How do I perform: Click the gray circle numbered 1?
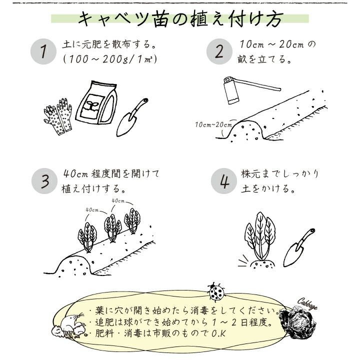pos(43,51)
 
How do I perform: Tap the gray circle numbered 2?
pos(219,51)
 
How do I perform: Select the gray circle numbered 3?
pos(44,181)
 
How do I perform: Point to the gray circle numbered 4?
pos(224,181)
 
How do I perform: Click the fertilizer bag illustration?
pos(96,102)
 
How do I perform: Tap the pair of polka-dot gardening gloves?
pos(58,116)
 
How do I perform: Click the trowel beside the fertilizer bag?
pos(132,117)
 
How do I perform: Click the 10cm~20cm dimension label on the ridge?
pos(213,125)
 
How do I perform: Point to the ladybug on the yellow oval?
pos(216,291)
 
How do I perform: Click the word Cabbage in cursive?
pos(307,304)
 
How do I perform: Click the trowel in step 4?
pos(299,248)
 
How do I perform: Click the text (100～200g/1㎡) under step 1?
pos(110,59)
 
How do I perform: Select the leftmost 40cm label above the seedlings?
pos(92,209)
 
